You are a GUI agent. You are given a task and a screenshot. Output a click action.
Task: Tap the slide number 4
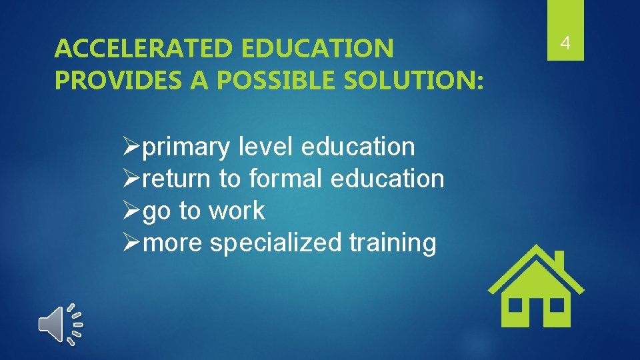pos(565,44)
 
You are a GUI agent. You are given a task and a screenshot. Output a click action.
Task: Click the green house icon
pos(535,287)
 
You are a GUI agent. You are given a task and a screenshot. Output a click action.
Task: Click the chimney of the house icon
pos(559,261)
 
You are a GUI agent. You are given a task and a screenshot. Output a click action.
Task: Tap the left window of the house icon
pos(515,304)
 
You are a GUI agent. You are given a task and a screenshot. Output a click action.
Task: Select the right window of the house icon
pos(556,304)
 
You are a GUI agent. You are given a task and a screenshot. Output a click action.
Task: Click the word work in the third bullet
pos(237,211)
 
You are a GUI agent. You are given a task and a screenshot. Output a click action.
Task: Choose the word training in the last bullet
pos(393,243)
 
